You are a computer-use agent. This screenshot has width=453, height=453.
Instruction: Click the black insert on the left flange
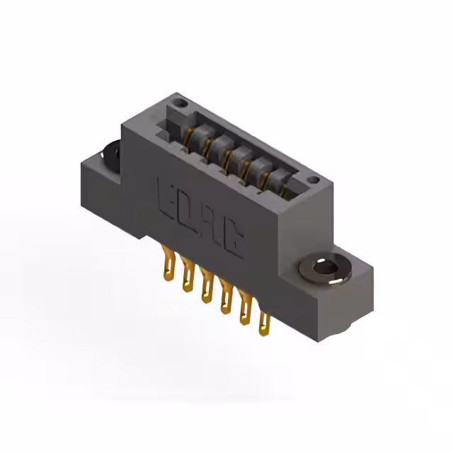click(110, 158)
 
